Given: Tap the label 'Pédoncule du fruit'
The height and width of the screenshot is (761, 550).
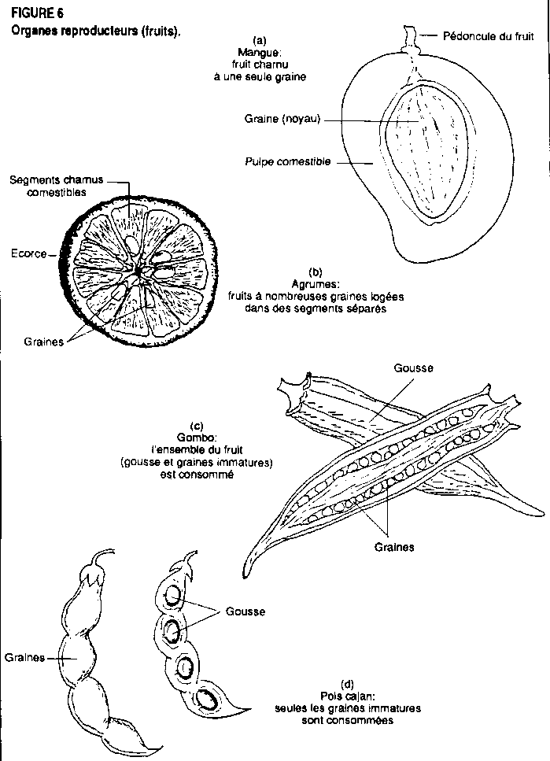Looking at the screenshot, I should (x=477, y=35).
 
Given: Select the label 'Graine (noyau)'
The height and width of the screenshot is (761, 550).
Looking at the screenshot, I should (x=282, y=120).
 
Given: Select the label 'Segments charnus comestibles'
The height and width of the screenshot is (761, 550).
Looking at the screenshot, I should (x=56, y=186).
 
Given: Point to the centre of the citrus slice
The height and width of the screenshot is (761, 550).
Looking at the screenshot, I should (x=138, y=270).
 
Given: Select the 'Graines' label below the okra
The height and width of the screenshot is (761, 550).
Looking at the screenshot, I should (x=394, y=546).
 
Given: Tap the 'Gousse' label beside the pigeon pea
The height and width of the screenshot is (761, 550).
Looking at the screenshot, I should (x=245, y=611).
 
